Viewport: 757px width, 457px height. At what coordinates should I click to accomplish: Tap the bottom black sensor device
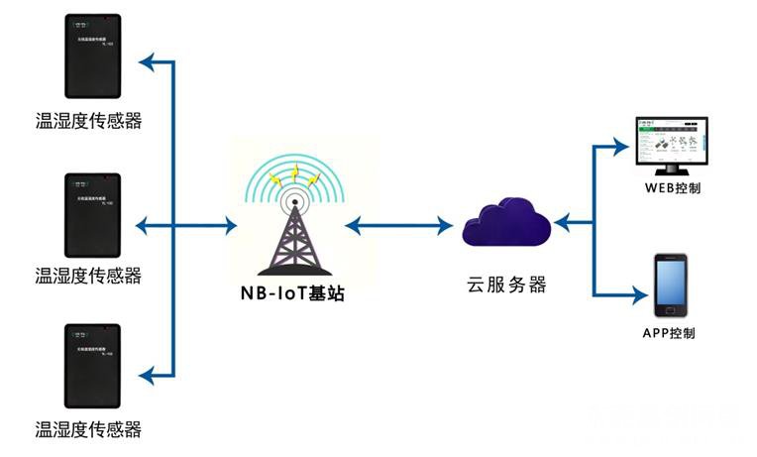(91, 369)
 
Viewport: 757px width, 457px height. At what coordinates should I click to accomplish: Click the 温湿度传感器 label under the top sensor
(88, 122)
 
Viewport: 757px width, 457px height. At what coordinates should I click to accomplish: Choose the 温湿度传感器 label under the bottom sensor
(88, 429)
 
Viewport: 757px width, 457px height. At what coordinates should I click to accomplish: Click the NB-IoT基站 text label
(293, 293)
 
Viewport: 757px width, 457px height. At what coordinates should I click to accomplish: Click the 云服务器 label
(505, 285)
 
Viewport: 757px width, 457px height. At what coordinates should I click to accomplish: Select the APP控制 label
(669, 333)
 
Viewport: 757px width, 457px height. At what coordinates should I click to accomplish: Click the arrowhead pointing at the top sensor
(147, 64)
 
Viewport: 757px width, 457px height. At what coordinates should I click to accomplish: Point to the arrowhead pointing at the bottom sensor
(147, 374)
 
